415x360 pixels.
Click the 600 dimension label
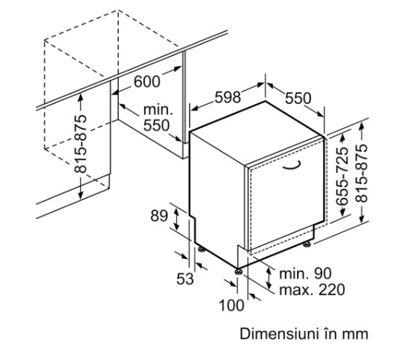pyautogui.click(x=147, y=81)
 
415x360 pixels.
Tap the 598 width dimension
pyautogui.click(x=228, y=97)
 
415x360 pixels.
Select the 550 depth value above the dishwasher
pyautogui.click(x=298, y=98)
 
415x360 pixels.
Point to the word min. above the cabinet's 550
pyautogui.click(x=158, y=110)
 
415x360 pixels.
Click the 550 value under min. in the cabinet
pyautogui.click(x=156, y=125)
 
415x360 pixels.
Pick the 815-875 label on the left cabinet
pyautogui.click(x=80, y=144)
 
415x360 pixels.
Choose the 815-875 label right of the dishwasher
pyautogui.click(x=362, y=173)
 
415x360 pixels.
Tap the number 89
pyautogui.click(x=159, y=216)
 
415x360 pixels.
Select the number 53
pyautogui.click(x=185, y=279)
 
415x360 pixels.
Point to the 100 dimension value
pyautogui.click(x=232, y=305)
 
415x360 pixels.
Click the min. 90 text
pyautogui.click(x=305, y=273)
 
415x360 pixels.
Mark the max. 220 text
pyautogui.click(x=312, y=289)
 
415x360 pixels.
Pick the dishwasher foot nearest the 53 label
pyautogui.click(x=201, y=249)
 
